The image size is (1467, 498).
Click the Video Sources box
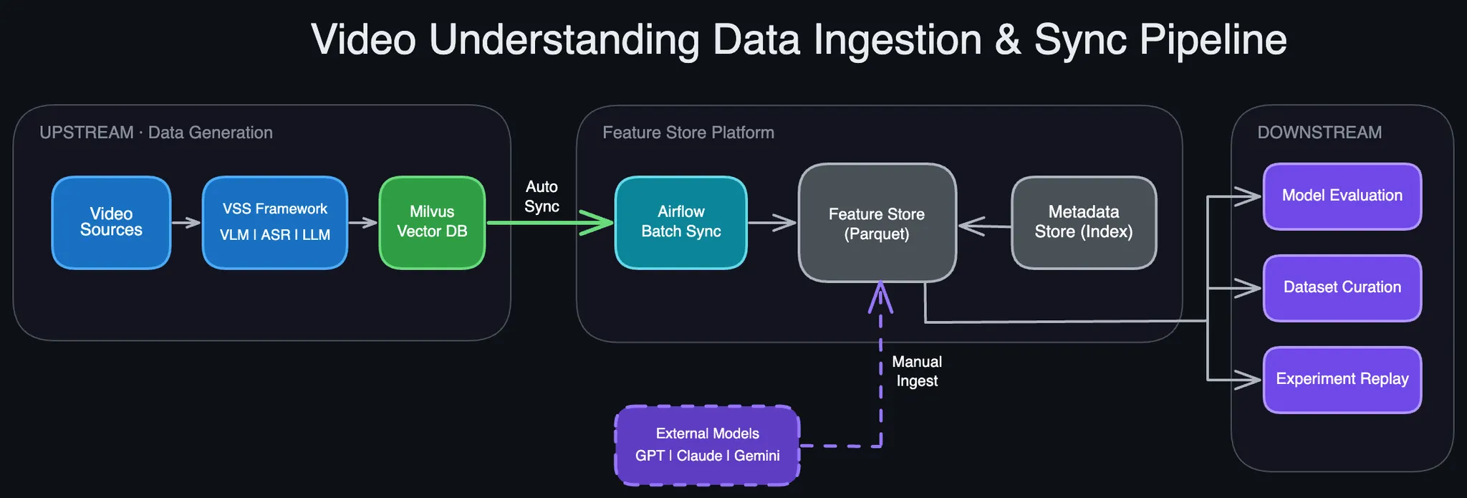(111, 223)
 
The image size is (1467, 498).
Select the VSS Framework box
(275, 223)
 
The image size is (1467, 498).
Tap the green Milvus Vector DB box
(432, 223)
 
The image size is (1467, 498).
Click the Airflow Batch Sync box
(681, 223)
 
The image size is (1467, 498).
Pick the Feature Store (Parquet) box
(877, 223)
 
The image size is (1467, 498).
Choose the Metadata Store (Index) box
(1084, 223)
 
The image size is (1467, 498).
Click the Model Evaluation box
(1342, 196)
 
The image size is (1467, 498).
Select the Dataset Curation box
(1342, 288)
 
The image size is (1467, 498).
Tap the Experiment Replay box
(1342, 380)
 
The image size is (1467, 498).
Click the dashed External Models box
(708, 446)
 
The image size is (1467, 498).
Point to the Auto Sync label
(542, 196)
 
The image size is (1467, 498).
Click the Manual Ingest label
(917, 371)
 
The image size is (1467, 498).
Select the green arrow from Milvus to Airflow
(550, 223)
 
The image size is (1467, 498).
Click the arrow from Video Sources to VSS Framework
(186, 223)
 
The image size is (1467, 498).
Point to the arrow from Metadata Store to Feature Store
(985, 226)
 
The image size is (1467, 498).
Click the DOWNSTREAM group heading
(1319, 133)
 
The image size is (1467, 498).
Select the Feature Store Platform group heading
(688, 133)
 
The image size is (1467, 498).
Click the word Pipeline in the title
(1213, 39)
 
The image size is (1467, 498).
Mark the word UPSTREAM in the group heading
(87, 133)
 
